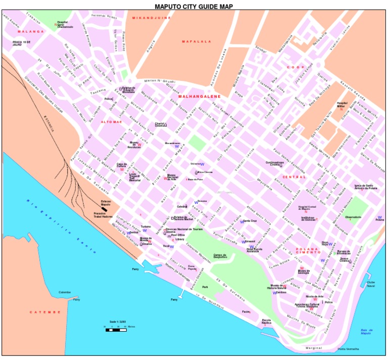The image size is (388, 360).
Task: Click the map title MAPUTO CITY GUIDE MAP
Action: [x=194, y=6]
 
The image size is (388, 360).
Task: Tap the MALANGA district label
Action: [x=31, y=31]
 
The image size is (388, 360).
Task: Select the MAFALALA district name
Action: [x=197, y=41]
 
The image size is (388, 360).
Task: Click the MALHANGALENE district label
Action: [x=197, y=95]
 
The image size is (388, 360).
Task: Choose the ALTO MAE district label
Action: [x=111, y=122]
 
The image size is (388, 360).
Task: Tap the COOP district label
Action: [x=296, y=67]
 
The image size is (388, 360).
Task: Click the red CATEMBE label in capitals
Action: [x=45, y=312]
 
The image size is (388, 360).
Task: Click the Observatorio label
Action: [x=353, y=217]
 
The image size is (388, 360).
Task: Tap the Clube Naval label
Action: [x=371, y=284]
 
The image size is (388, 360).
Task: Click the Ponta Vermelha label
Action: [x=348, y=349]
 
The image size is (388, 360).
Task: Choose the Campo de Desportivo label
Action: [x=220, y=256]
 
